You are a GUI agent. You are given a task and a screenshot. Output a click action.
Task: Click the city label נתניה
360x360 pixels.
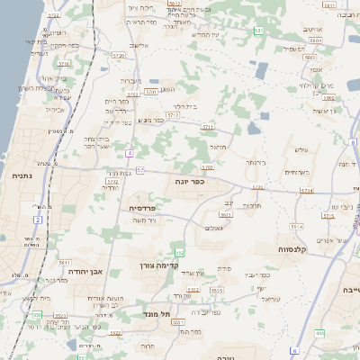[x=20, y=176]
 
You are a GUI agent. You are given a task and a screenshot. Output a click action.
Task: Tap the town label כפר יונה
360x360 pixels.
[x=187, y=181]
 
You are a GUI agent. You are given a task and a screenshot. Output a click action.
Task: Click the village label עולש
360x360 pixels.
[x=301, y=150]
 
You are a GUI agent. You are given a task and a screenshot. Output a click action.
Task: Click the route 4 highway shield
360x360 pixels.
[x=130, y=154]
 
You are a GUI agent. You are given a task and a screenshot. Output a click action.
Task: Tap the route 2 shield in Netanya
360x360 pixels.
[x=38, y=220]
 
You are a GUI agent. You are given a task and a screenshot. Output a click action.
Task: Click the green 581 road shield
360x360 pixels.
[x=258, y=31]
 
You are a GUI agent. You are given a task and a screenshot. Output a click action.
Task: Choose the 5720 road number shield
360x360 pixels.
[x=208, y=167]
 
